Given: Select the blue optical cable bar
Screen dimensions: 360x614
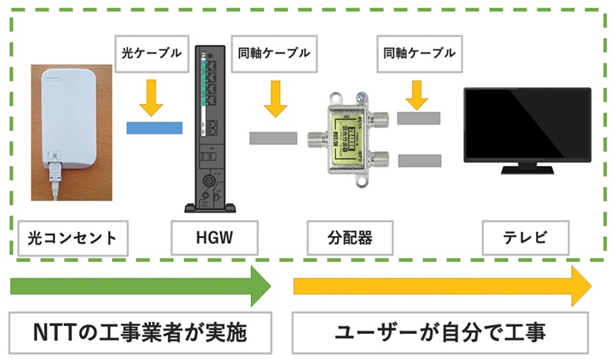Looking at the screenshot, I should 155,126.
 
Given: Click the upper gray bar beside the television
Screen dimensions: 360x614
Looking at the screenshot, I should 418,118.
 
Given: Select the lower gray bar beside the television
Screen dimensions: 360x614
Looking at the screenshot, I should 418,160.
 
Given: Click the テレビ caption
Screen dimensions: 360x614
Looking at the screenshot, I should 526,235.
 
